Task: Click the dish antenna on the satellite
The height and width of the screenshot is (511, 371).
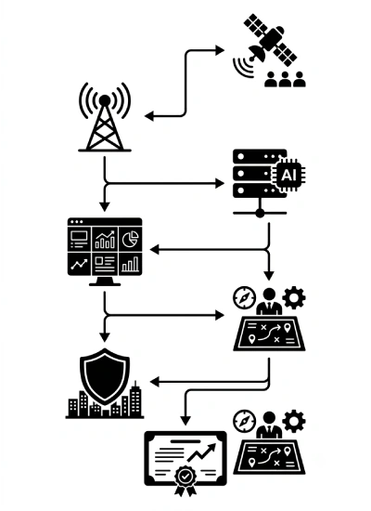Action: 257,54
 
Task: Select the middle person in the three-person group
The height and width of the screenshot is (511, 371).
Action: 285,79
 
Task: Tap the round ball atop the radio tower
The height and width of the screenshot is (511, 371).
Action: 105,100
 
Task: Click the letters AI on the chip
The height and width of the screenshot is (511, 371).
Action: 288,175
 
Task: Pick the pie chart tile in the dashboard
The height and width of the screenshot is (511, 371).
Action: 130,240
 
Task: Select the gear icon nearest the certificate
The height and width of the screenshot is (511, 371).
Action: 293,422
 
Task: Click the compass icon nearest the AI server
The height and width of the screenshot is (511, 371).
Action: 245,297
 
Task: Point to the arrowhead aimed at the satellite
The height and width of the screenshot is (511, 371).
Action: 221,50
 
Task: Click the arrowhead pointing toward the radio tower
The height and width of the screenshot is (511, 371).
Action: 149,116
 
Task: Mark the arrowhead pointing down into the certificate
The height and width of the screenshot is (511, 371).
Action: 185,421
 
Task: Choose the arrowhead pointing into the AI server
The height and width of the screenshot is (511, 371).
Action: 220,184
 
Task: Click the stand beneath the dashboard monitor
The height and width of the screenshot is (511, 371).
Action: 105,281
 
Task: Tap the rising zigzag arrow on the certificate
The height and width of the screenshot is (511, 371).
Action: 202,452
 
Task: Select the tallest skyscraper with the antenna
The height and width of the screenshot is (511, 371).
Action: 135,399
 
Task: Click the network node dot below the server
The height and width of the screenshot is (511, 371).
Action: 260,213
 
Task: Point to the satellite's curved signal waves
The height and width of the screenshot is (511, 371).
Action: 243,68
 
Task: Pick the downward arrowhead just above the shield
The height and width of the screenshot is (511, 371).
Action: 105,337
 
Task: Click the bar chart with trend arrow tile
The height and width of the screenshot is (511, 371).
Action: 105,240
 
